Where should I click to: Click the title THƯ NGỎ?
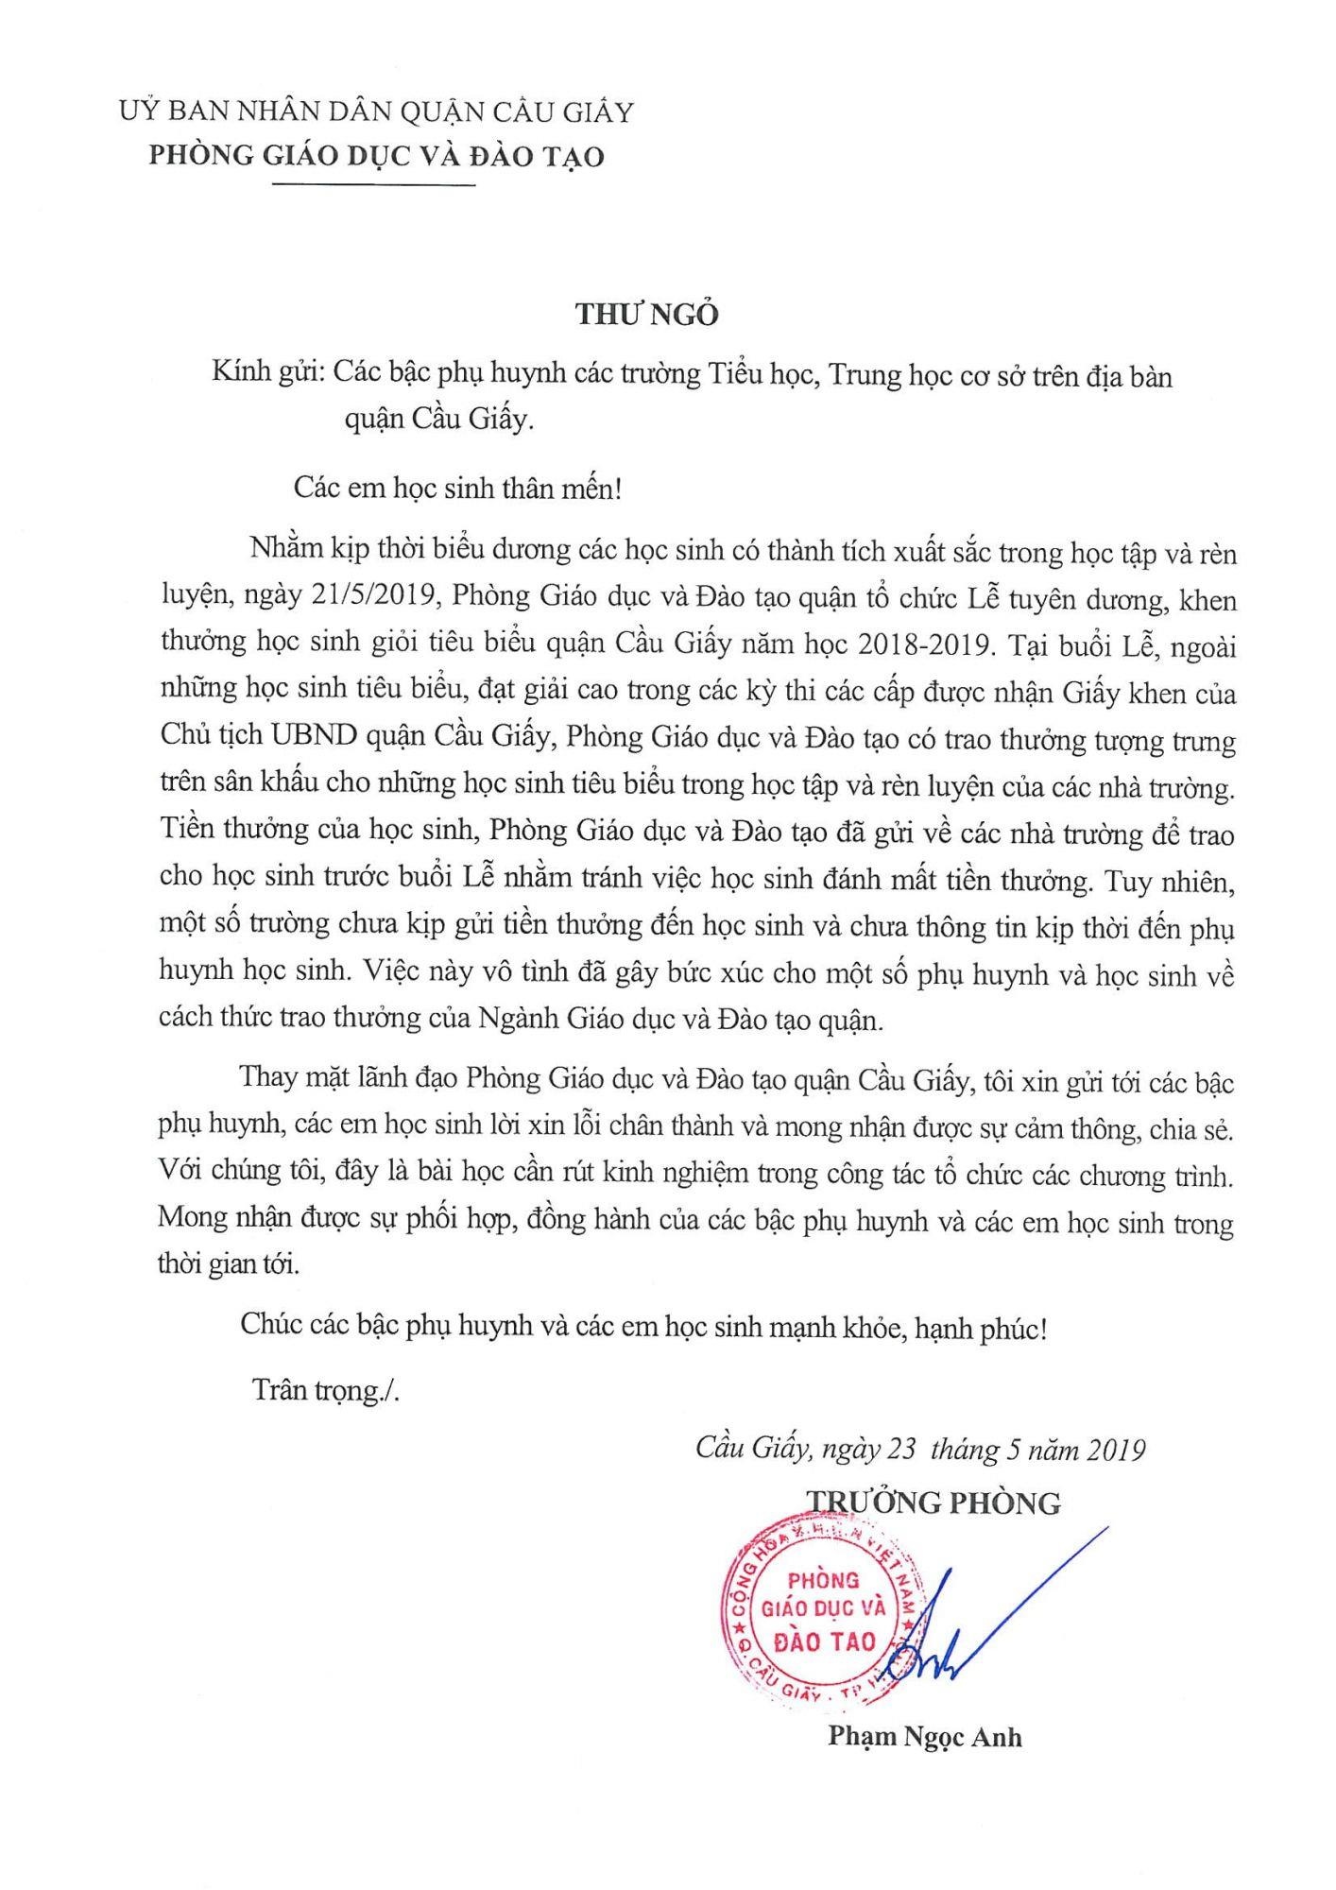648,315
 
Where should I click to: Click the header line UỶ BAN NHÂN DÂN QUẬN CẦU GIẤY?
376,113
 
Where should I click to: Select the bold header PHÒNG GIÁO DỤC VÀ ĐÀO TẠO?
376,157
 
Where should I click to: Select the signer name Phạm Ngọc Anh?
925,1737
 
